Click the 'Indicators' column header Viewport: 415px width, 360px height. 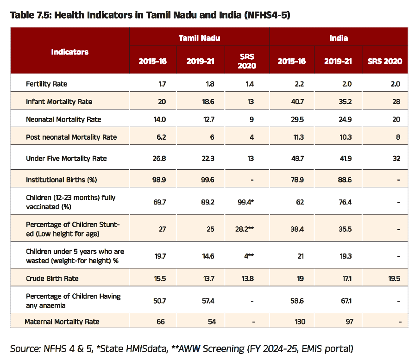click(69, 52)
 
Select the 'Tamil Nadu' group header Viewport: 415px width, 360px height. click(199, 38)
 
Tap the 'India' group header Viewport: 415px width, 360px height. click(339, 38)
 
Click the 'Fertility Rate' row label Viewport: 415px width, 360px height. click(47, 84)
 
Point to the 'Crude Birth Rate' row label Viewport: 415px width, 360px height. click(52, 278)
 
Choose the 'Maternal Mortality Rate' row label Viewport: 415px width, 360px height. click(62, 322)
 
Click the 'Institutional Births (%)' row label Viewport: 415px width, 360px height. click(62, 180)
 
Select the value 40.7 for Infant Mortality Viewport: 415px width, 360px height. click(297, 102)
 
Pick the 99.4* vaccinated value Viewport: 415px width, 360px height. click(245, 202)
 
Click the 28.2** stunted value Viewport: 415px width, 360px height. click(245, 229)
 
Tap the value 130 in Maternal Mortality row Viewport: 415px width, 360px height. click(300, 322)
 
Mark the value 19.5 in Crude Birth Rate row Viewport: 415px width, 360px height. click(394, 279)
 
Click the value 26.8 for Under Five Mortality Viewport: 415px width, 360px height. click(159, 159)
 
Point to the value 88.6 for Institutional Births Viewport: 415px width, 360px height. click(345, 180)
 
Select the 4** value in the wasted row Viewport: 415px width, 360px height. click(249, 256)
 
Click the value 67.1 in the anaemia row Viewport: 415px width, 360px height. click(346, 301)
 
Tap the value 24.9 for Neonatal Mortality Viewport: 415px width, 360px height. click(345, 119)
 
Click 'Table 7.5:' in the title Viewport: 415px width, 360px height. click(31, 15)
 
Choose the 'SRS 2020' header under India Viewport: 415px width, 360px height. click(385, 62)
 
